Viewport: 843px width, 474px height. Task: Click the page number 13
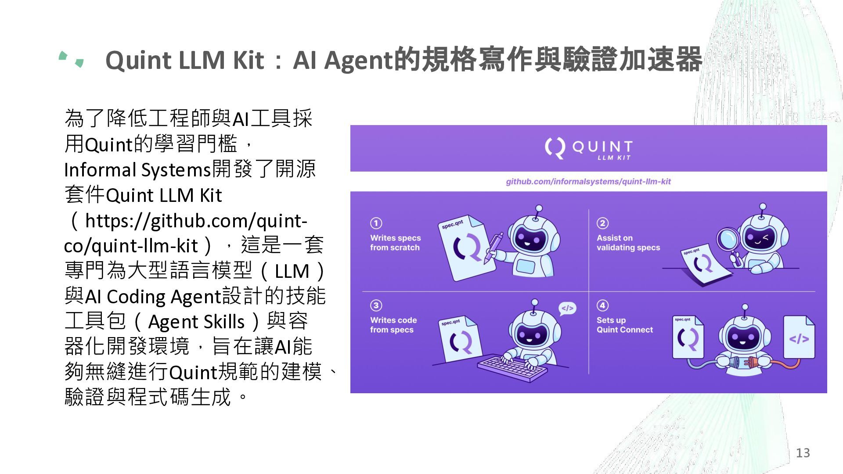click(x=803, y=453)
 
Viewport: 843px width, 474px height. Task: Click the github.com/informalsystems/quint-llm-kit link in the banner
click(x=588, y=182)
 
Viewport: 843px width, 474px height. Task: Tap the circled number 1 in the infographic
click(x=376, y=223)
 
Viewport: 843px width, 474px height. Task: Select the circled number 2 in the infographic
click(x=602, y=223)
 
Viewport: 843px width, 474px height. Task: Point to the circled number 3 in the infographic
click(x=376, y=305)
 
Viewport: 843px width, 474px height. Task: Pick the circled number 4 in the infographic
click(x=602, y=305)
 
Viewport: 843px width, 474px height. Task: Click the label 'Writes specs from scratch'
click(x=395, y=243)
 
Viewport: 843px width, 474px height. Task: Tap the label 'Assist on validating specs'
click(x=628, y=243)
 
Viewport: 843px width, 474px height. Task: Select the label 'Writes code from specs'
click(x=393, y=325)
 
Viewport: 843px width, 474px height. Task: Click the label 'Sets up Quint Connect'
click(x=625, y=325)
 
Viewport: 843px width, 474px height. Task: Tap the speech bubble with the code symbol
click(x=567, y=309)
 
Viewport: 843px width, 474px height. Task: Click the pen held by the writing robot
click(x=494, y=248)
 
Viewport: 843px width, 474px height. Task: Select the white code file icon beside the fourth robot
click(x=799, y=337)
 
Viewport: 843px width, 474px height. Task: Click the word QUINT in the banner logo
click(x=602, y=146)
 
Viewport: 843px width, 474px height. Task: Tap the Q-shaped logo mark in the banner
click(x=555, y=148)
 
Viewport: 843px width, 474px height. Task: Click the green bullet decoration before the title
click(x=71, y=59)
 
